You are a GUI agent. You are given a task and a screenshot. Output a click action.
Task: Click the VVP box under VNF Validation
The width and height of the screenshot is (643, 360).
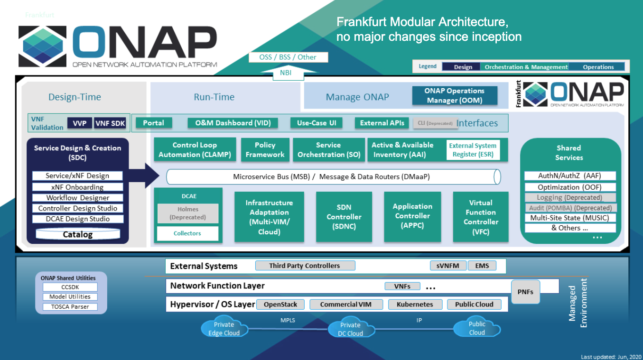coord(79,123)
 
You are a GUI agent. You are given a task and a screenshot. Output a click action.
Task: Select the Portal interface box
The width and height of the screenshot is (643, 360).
coord(153,123)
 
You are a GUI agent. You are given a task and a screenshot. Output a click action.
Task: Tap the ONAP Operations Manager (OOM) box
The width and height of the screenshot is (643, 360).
coord(454,95)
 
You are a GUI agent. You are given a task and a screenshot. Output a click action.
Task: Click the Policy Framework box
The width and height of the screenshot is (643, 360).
coord(265,150)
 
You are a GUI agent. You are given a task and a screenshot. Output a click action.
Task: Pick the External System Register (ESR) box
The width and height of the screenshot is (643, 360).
coord(473,150)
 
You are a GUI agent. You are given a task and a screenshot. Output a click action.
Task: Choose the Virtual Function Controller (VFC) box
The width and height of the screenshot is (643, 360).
coord(481,217)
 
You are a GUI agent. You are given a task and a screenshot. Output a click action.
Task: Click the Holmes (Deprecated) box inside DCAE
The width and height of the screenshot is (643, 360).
coord(188,213)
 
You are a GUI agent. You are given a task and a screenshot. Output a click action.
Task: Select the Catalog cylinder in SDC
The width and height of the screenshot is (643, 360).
coord(78,234)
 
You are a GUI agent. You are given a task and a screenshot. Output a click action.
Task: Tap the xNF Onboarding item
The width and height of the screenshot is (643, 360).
coord(78,187)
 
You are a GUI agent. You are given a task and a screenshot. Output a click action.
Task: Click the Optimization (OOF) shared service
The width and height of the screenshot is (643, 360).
coord(569,187)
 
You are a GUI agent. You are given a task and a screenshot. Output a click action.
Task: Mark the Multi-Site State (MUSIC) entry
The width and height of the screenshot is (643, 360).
coord(569,218)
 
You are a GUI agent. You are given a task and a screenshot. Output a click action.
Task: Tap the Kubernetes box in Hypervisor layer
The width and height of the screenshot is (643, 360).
coord(415,305)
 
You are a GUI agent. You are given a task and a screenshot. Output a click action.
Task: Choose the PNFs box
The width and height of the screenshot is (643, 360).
coord(525,292)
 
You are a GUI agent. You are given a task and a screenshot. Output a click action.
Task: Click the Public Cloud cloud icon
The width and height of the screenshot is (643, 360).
coord(476,328)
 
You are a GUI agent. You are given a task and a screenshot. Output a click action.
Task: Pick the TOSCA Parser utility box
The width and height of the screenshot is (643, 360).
coord(70,306)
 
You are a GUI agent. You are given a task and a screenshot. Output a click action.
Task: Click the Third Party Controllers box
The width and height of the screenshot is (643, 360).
coord(305,266)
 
